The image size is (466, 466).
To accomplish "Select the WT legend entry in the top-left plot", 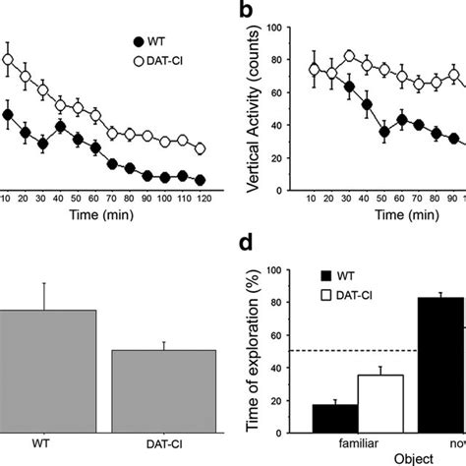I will click(153, 41).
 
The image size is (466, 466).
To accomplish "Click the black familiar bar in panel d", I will click(334, 419).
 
